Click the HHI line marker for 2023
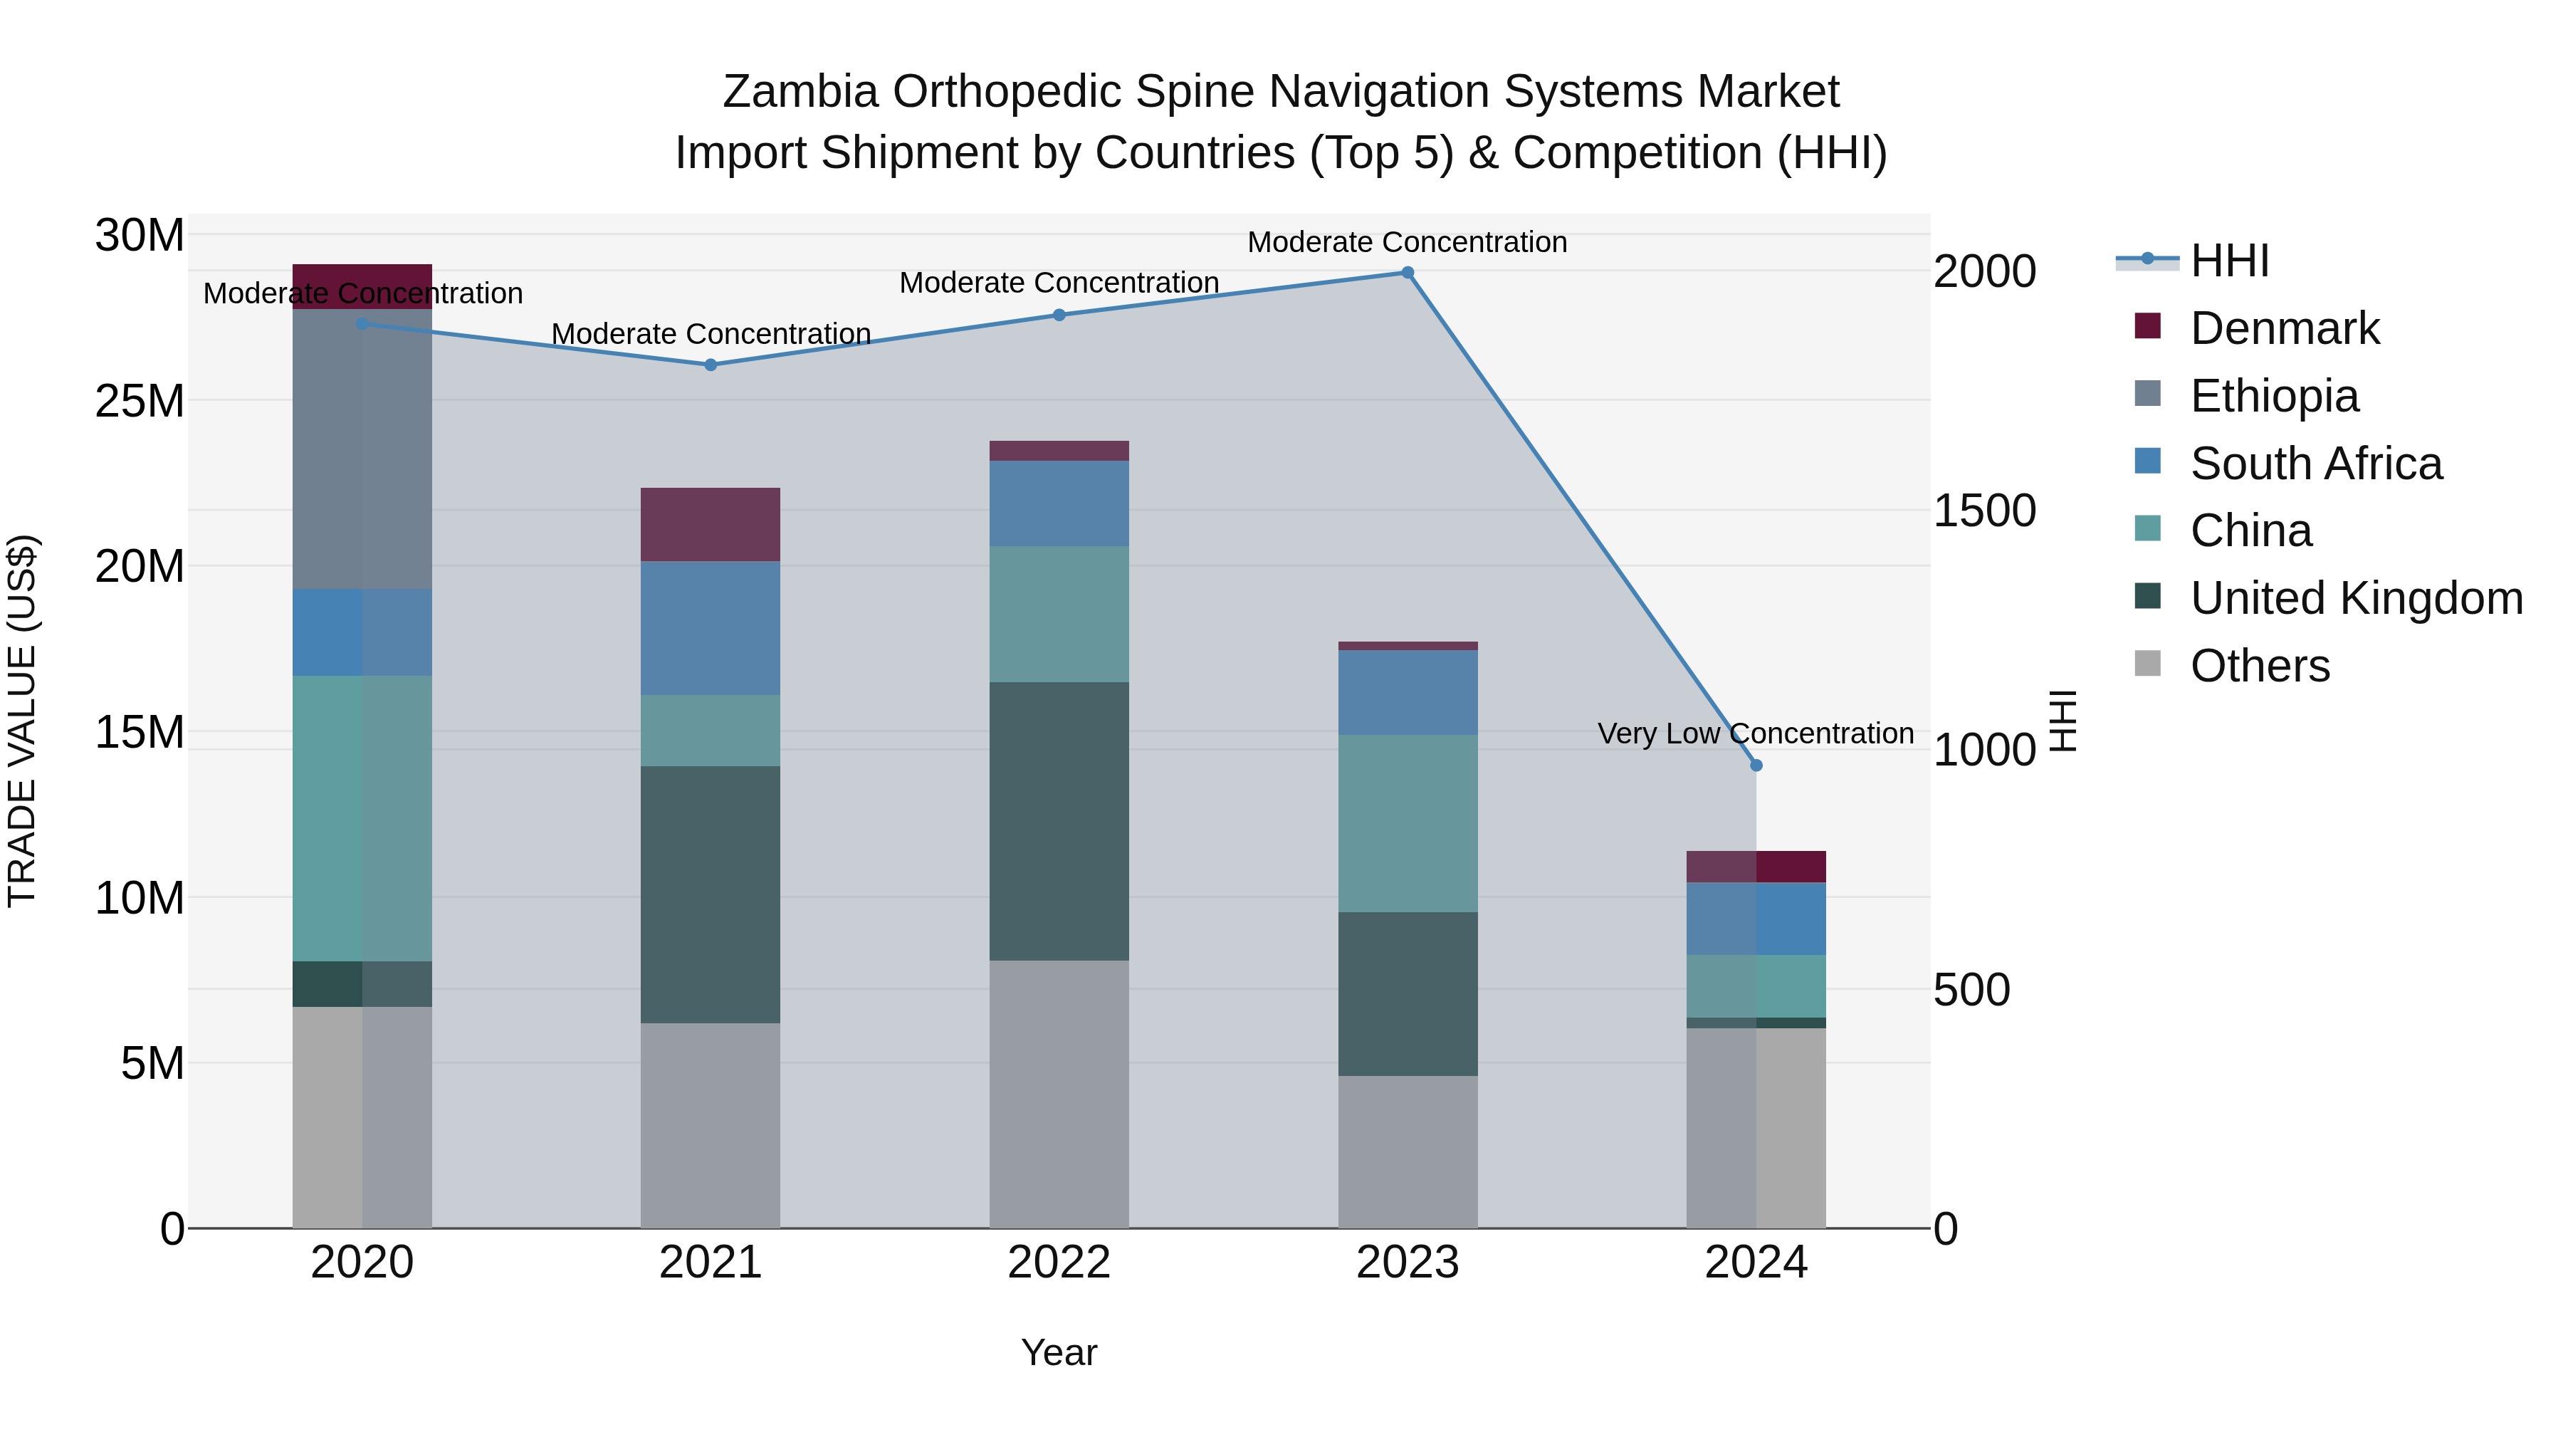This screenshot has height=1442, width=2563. tap(1407, 273)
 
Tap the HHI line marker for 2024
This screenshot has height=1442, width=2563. tap(1756, 766)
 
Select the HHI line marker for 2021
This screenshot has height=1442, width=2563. tap(711, 365)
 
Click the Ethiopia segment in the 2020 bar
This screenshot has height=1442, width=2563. tap(362, 449)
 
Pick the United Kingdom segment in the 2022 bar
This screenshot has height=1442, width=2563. tap(1059, 821)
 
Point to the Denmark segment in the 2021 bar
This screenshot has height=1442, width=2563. tap(711, 524)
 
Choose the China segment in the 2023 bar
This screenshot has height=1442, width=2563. tap(1407, 823)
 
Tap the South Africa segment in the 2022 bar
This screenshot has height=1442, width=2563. tap(1059, 503)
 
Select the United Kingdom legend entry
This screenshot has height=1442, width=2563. tap(2356, 598)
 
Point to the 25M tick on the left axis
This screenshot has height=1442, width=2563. tap(140, 401)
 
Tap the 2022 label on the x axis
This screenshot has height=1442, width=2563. tap(1059, 1262)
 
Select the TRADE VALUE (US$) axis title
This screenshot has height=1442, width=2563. tap(22, 721)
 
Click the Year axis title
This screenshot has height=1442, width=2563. tap(1059, 1352)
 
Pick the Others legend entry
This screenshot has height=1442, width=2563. tap(2260, 666)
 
